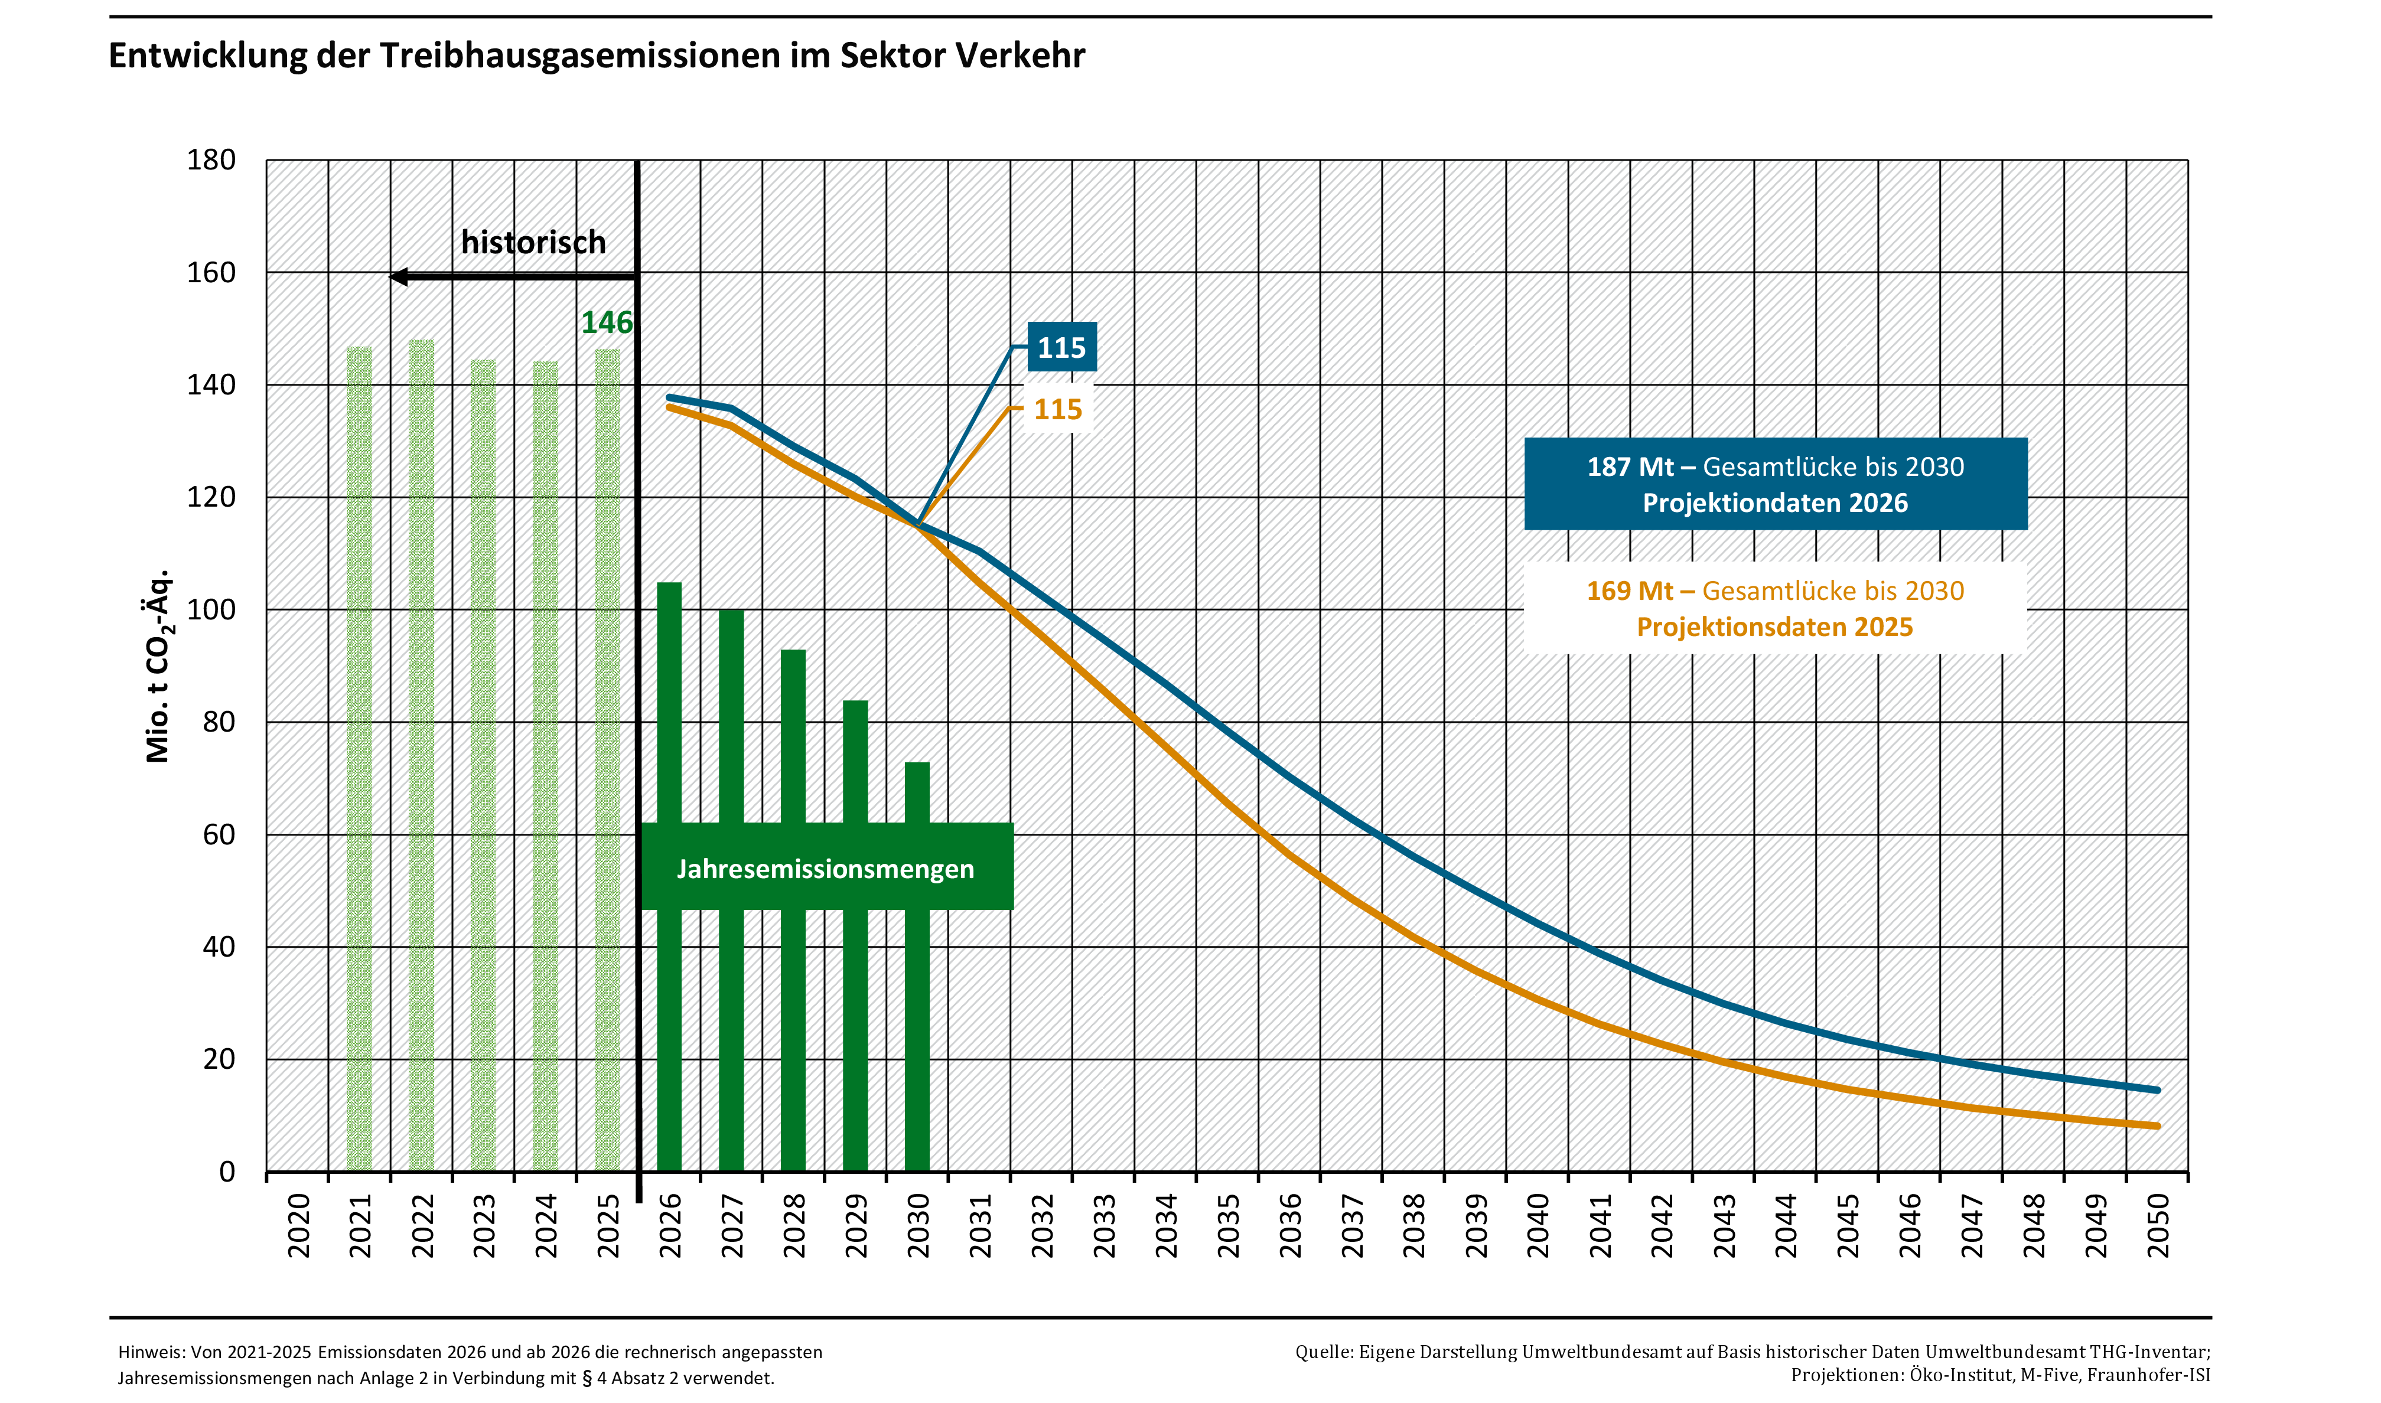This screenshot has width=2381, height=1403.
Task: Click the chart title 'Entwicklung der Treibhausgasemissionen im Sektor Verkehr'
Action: click(x=597, y=56)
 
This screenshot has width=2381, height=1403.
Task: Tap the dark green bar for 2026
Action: click(x=669, y=700)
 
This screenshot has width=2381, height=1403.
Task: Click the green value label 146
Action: click(x=606, y=324)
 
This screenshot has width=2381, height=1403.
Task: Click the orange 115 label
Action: click(x=1057, y=409)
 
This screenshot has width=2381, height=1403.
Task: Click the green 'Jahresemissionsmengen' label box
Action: click(x=826, y=868)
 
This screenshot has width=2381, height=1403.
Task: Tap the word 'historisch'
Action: click(x=533, y=243)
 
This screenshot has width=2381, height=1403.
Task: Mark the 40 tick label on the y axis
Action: click(x=219, y=947)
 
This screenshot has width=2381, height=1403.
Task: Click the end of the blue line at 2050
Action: click(x=2157, y=1090)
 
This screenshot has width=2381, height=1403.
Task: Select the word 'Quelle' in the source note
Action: click(x=1323, y=1353)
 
